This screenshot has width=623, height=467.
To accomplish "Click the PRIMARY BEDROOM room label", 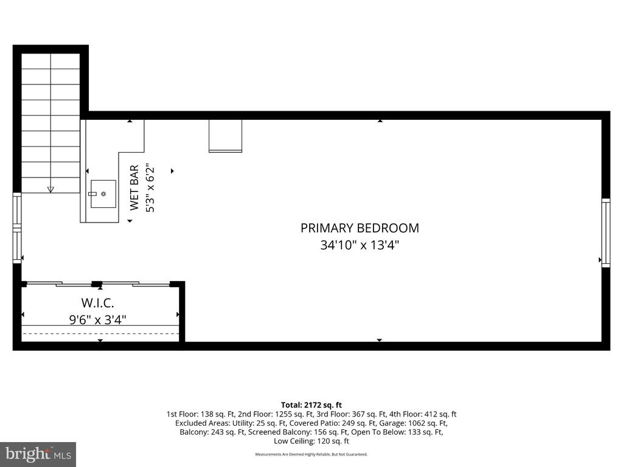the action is point(360,228).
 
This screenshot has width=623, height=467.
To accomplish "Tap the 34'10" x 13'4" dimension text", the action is point(360,244).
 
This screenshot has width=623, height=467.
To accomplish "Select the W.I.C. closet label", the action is point(98,303).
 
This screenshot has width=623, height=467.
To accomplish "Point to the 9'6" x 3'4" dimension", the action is point(98,319).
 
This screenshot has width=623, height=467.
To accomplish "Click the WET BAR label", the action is point(134,187).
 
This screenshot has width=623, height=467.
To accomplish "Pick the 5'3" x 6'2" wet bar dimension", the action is point(150,187).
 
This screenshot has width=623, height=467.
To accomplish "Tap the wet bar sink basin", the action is point(103,194).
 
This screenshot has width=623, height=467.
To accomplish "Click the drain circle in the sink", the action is point(103,194).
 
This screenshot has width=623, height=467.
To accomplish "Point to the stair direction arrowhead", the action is point(50,190).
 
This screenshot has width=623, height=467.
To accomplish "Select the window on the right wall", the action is point(605,233).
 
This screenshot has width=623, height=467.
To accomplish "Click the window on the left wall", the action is point(16,228).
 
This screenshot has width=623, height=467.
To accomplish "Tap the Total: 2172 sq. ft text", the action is point(311,405).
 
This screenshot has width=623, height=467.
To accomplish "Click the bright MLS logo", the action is point(38,454).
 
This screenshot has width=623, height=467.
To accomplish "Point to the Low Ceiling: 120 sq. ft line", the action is point(311,441).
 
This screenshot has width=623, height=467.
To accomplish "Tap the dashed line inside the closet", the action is point(100,334).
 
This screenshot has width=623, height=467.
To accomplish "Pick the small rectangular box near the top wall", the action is point(225,136).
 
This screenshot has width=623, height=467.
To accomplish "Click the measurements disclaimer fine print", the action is point(311,454).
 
